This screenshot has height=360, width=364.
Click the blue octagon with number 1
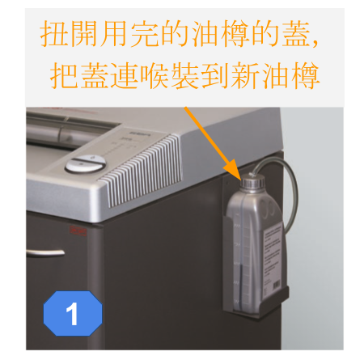click(x=73, y=313)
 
